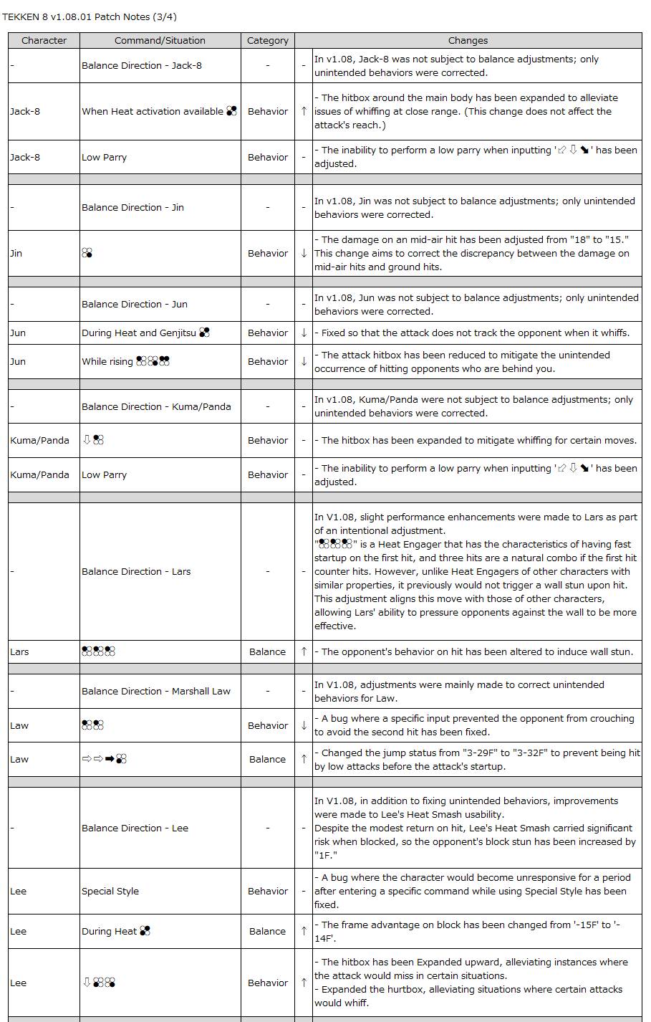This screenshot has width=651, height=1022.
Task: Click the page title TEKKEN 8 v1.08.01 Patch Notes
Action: [90, 16]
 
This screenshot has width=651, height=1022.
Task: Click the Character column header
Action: [44, 41]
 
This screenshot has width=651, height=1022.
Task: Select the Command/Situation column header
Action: [160, 41]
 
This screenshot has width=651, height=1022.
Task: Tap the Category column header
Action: [268, 41]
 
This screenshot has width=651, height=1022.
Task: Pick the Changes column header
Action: [468, 41]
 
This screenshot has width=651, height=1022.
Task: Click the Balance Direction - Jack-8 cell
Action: [142, 66]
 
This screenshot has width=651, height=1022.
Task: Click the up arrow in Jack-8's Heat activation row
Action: [304, 111]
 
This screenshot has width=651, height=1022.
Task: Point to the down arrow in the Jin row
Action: [304, 253]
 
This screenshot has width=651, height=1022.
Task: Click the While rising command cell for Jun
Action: [126, 361]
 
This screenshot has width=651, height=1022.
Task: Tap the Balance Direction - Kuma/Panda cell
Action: [156, 406]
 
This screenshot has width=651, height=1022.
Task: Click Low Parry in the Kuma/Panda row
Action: [105, 474]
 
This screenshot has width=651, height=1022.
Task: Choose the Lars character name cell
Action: [20, 651]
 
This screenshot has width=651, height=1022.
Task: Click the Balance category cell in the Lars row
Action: [268, 651]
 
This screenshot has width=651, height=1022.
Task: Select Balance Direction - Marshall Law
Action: [156, 691]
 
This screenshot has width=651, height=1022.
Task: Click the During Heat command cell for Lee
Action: [116, 931]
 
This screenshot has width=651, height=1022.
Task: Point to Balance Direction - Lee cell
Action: [135, 828]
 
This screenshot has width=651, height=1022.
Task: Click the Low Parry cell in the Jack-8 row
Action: [105, 157]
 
